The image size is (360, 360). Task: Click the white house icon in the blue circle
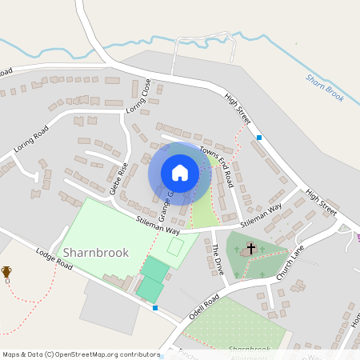coord(180,173)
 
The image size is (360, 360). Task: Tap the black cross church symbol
coord(250,249)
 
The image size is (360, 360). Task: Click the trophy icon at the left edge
coord(6,272)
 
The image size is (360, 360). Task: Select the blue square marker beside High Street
coord(259,138)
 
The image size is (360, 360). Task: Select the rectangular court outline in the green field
coord(175,246)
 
